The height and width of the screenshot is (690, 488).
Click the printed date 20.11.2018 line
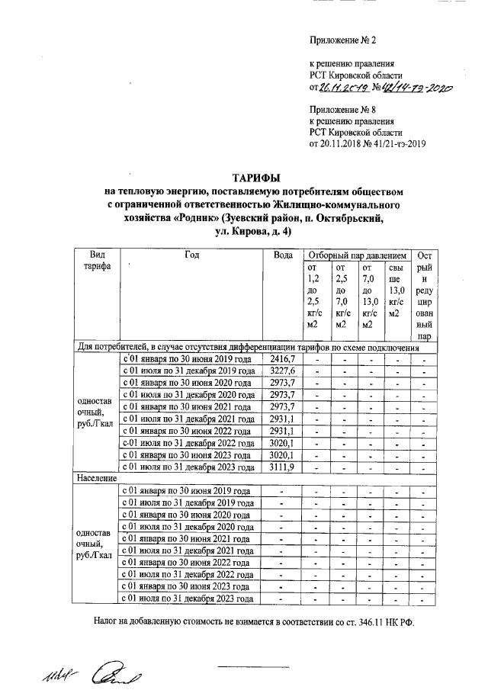367,143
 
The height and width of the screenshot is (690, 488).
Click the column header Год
191,255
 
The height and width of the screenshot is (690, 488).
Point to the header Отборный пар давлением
358,255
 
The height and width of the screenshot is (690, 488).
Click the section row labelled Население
95,479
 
